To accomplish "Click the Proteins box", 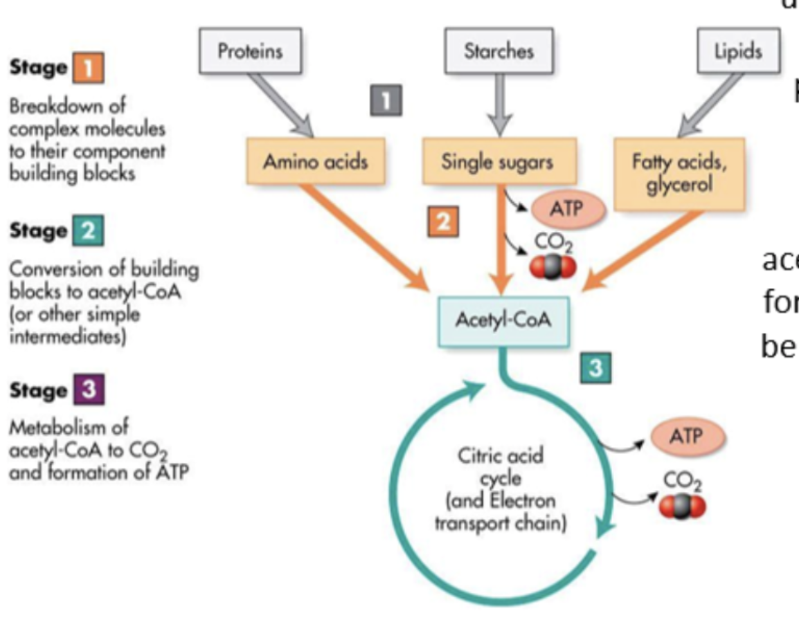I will pyautogui.click(x=251, y=51).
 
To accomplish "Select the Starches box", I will pyautogui.click(x=498, y=51).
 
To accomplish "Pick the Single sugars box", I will pyautogui.click(x=498, y=162).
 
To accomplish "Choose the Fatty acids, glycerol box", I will pyautogui.click(x=679, y=174).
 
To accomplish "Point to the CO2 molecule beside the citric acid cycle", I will pyautogui.click(x=682, y=507).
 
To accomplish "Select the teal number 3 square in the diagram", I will pyautogui.click(x=595, y=370).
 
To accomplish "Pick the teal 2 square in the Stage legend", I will pyautogui.click(x=88, y=230).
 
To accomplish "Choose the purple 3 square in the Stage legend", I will pyautogui.click(x=88, y=392).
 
